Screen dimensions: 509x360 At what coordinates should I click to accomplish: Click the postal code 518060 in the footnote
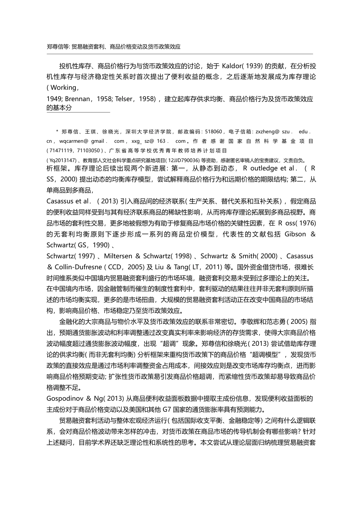click(x=213, y=132)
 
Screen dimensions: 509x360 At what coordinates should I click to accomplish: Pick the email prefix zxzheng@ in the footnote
click(x=268, y=132)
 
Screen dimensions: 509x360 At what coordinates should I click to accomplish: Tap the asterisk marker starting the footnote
click(x=57, y=131)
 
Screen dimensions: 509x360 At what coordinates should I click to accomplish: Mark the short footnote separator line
click(x=78, y=112)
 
